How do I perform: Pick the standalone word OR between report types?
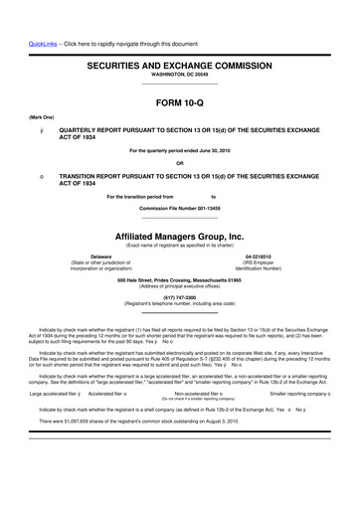(x=179, y=164)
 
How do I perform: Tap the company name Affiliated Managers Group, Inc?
(x=180, y=237)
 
